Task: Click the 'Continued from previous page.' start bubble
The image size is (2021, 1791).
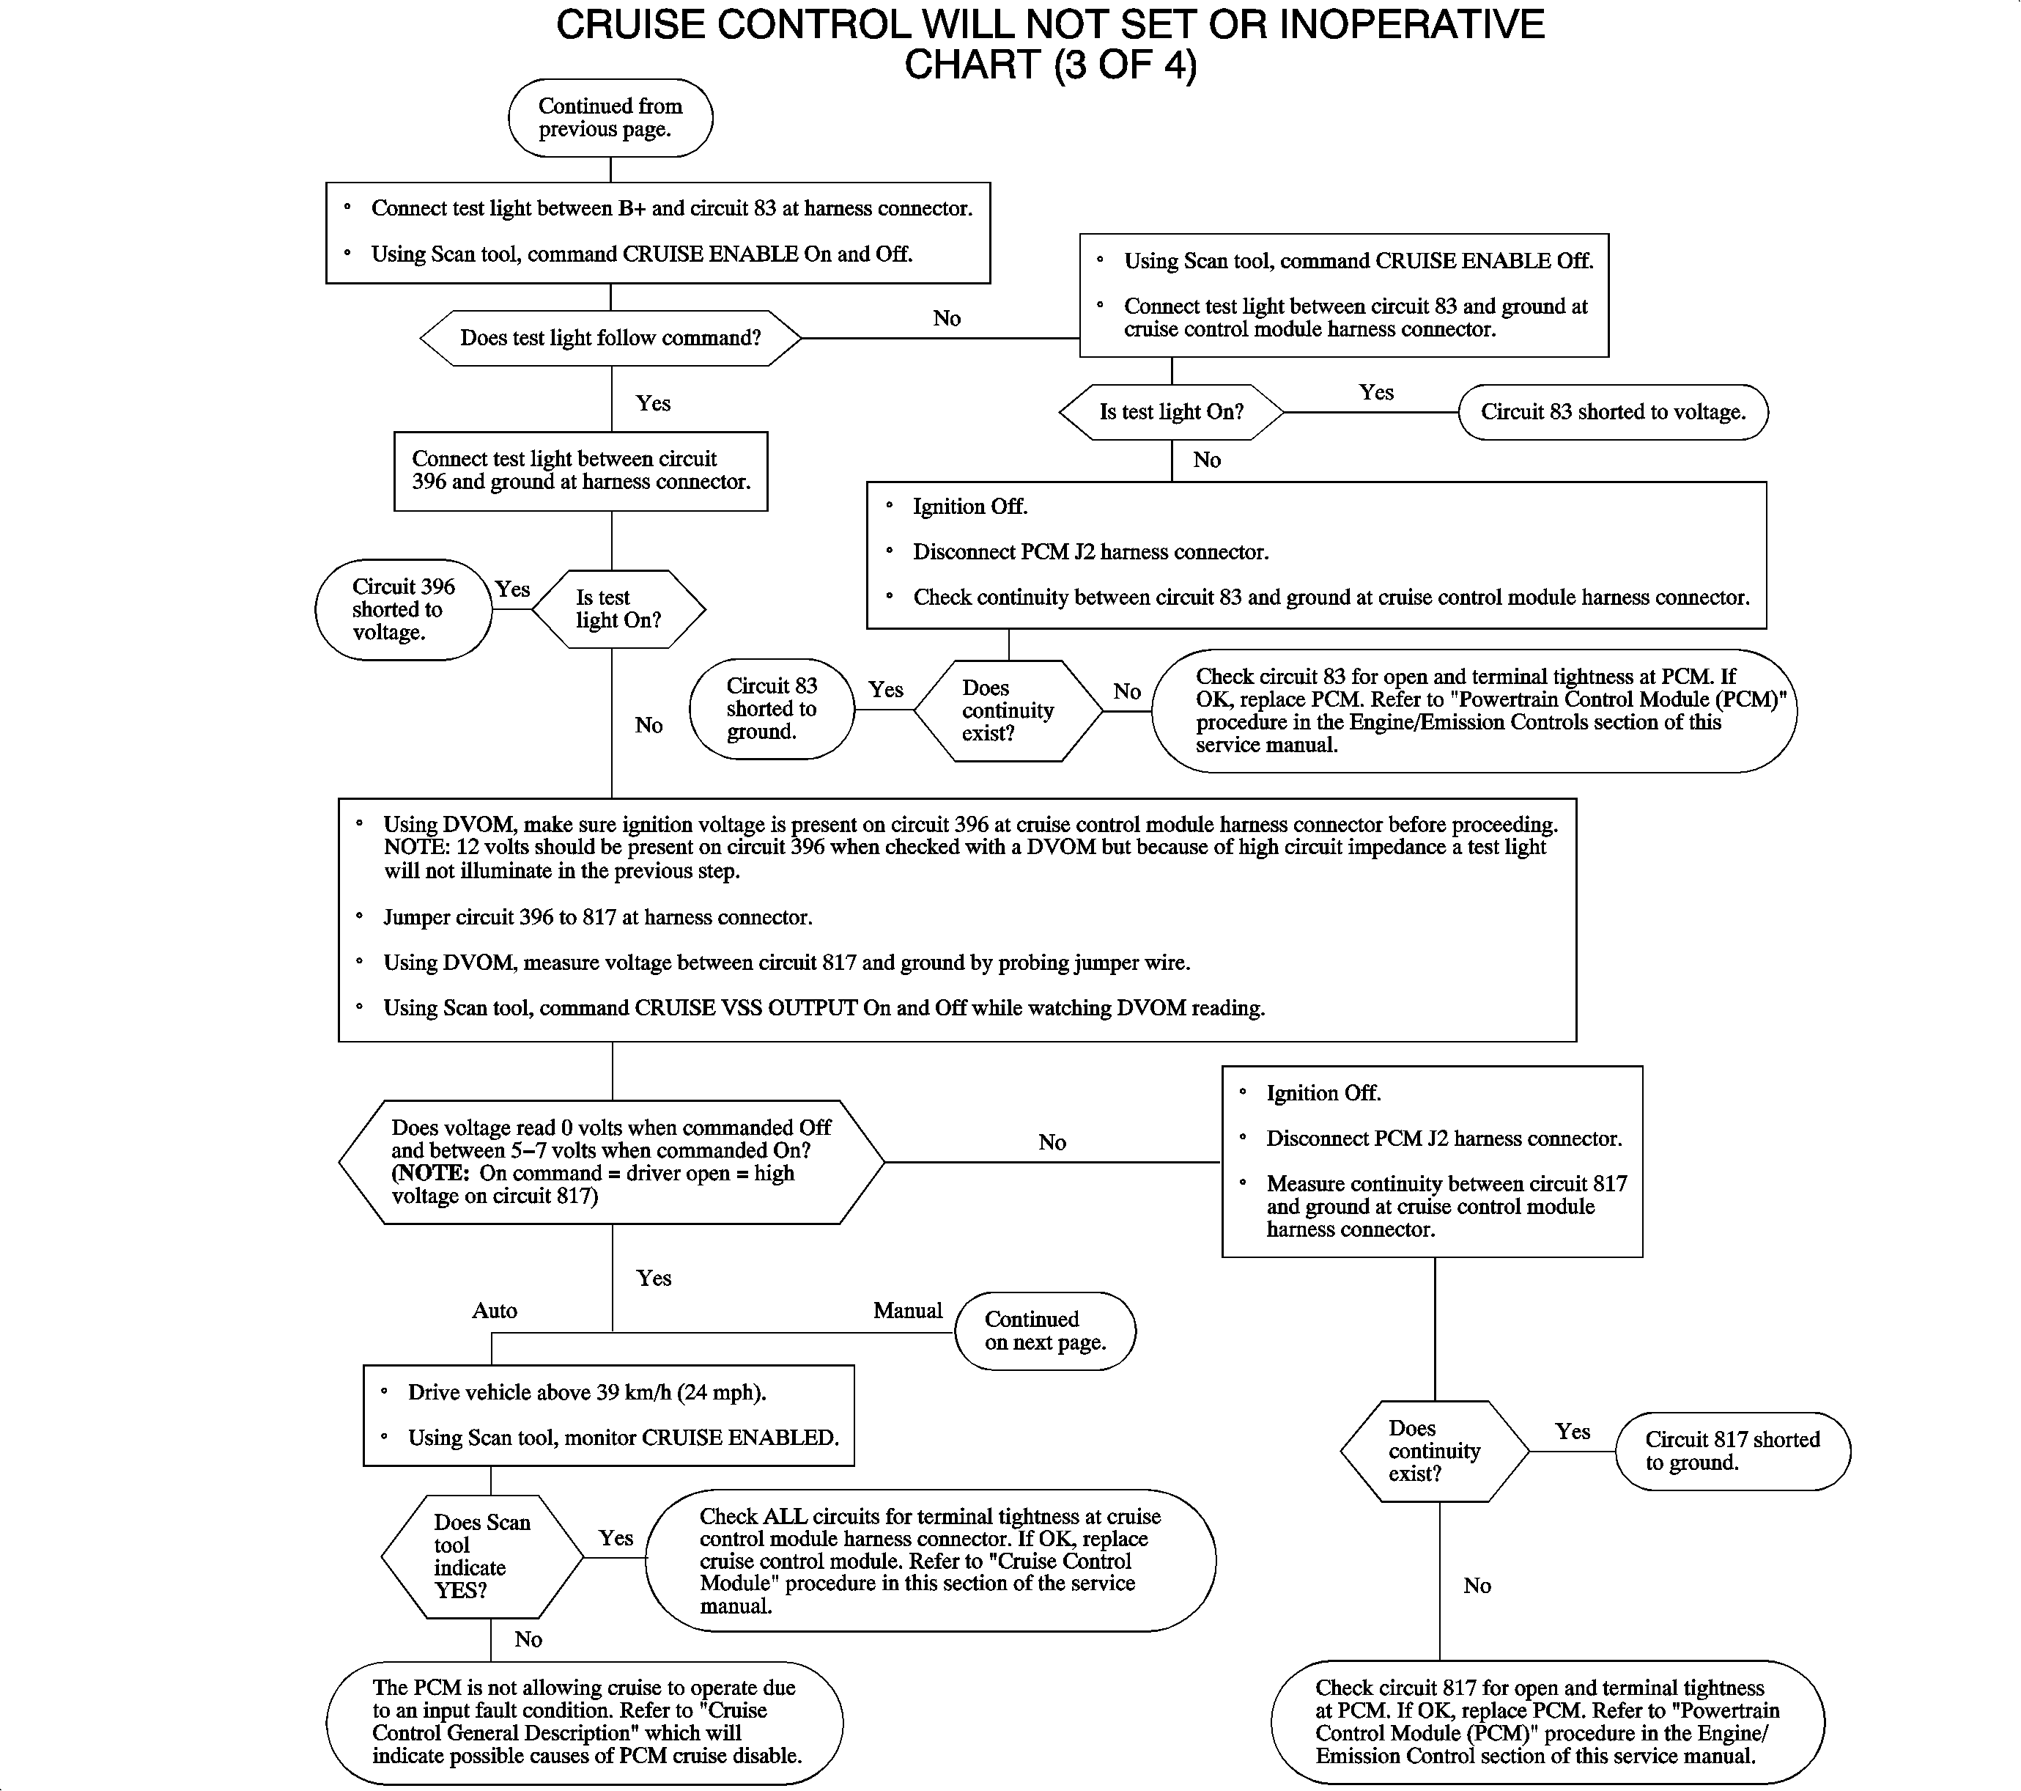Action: pos(610,118)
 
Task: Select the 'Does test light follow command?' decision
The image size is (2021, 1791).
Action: pos(610,338)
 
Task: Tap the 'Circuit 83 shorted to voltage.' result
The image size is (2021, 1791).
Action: pos(1613,413)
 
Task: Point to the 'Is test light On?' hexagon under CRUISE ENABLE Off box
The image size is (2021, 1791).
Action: pos(1172,413)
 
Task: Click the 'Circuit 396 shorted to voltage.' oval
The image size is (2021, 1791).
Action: pos(404,609)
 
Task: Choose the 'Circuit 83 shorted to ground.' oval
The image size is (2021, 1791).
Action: pos(771,709)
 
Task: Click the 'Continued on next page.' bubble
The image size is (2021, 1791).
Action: pos(1045,1331)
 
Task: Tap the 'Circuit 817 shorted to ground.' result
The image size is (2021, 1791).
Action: pos(1732,1451)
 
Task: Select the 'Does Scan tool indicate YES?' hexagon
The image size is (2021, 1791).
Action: pos(481,1556)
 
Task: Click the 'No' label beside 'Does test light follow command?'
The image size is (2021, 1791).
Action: pos(946,318)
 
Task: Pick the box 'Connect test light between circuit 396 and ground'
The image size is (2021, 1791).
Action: pos(580,471)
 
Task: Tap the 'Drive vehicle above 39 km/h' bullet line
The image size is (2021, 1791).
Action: pos(586,1392)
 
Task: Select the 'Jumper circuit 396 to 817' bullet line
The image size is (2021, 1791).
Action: pos(597,917)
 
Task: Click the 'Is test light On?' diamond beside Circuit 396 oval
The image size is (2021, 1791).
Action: pos(618,609)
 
